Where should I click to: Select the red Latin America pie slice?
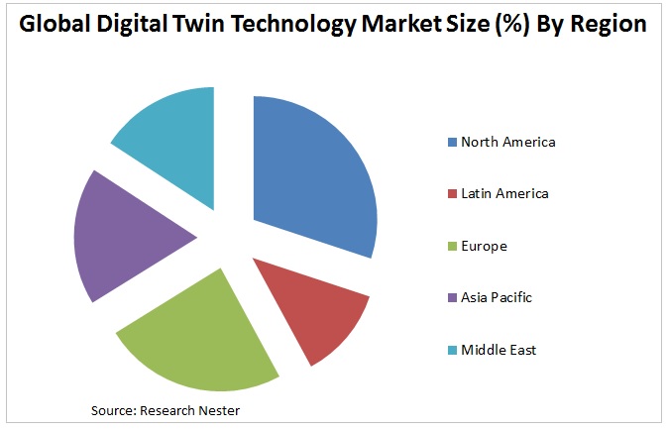[317, 307]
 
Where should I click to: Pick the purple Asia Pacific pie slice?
[129, 238]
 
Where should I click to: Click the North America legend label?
[507, 142]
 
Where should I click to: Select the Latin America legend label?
[504, 193]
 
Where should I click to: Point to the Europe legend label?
[484, 246]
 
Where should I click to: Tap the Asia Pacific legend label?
[497, 297]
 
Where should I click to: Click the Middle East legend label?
[499, 350]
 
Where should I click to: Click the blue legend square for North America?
[451, 142]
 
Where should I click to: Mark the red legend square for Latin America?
[451, 194]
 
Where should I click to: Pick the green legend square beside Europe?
[451, 246]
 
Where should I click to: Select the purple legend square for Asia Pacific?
[451, 298]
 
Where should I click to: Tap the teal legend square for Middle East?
[451, 350]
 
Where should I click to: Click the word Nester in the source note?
[217, 409]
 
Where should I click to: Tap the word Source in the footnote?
[111, 409]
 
